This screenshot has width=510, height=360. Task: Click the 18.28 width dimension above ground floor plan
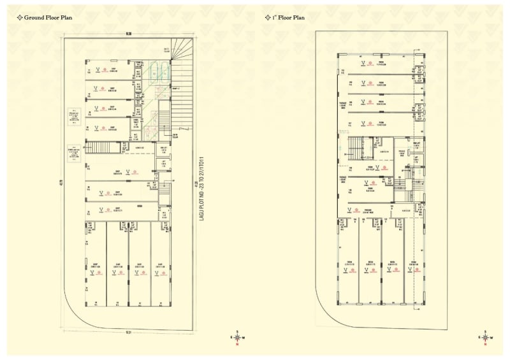point(129,35)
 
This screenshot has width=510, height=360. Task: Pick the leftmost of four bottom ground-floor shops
point(96,268)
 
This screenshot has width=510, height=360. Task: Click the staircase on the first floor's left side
point(354,147)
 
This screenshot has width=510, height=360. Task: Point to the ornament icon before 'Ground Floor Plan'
point(19,18)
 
